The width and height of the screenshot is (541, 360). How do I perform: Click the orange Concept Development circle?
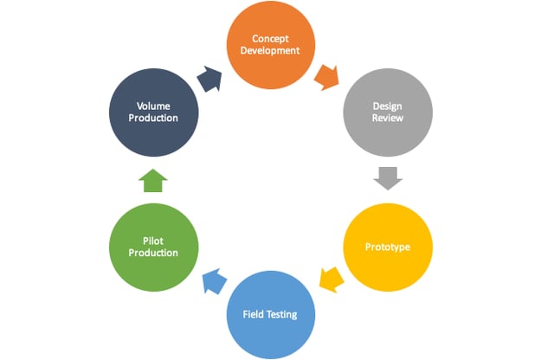269,45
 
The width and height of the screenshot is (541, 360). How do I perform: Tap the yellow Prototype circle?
386,247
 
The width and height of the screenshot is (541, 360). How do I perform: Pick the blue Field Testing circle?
269,313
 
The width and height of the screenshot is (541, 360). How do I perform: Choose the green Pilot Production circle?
153,247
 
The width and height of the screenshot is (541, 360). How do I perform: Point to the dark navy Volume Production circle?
153,112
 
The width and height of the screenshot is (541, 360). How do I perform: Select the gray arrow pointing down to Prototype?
387,178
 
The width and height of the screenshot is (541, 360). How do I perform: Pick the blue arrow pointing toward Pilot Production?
210,279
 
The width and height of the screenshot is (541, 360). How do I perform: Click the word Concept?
269,38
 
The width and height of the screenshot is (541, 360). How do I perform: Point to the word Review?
386,119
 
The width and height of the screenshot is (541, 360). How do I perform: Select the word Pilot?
152,240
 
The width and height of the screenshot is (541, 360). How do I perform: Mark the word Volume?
152,105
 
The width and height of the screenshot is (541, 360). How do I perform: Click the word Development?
269,51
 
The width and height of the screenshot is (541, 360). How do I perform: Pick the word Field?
252,313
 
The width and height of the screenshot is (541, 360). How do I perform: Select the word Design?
386,105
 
